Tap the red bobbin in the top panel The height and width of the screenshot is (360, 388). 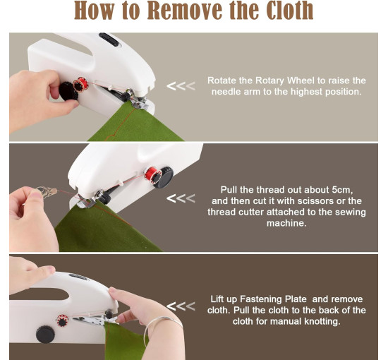[x=81, y=84]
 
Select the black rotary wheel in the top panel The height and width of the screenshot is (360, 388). [x=68, y=91]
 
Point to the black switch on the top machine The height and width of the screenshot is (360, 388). [x=109, y=39]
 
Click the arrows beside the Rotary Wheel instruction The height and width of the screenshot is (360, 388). [x=181, y=86]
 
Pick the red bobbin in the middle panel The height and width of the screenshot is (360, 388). [x=152, y=174]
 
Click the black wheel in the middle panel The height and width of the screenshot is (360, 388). [x=164, y=177]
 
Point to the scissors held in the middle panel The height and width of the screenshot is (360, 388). [x=47, y=191]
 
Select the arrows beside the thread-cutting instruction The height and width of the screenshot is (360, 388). [x=181, y=198]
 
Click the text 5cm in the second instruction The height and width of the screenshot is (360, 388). [x=342, y=190]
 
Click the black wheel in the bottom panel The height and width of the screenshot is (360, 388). [x=45, y=335]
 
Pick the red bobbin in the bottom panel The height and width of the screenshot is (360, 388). [x=62, y=320]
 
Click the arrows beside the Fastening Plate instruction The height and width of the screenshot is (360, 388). [x=181, y=306]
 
